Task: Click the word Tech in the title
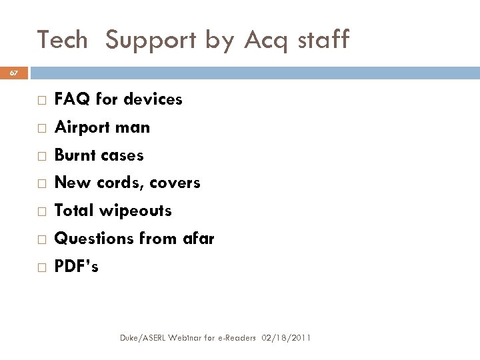point(63,40)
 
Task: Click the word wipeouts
point(136,211)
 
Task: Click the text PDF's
point(76,267)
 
